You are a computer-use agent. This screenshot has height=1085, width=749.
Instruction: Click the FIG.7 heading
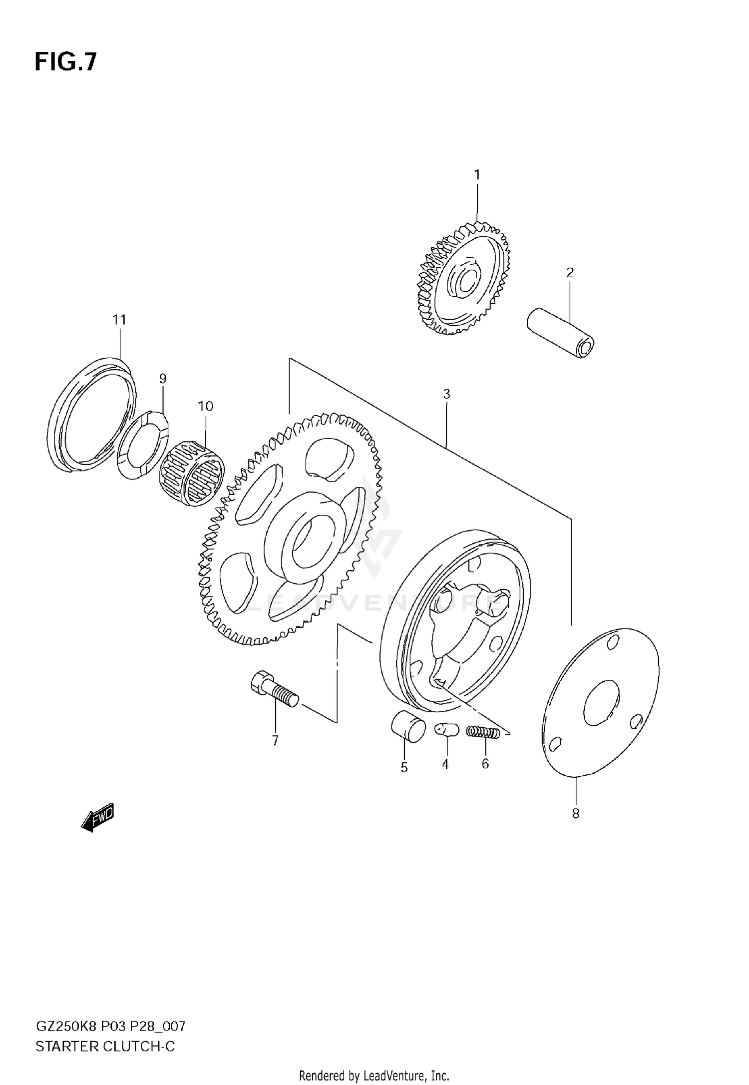point(65,62)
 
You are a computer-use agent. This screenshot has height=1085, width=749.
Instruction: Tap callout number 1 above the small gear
point(477,175)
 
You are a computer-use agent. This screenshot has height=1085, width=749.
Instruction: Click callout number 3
point(446,394)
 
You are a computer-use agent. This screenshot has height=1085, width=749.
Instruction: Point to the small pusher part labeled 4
point(446,730)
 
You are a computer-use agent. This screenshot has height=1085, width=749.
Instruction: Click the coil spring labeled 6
point(483,732)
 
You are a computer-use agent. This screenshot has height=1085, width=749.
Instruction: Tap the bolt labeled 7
point(275,689)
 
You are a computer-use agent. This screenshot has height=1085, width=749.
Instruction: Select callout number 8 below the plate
point(575,814)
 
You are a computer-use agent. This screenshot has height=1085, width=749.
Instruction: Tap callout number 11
point(119,320)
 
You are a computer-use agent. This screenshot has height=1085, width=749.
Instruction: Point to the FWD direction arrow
point(98,818)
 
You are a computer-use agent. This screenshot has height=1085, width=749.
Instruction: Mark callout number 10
point(205,407)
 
